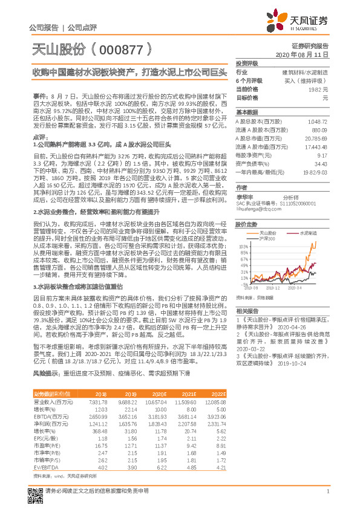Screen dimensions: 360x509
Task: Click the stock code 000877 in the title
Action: click(x=116, y=49)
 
